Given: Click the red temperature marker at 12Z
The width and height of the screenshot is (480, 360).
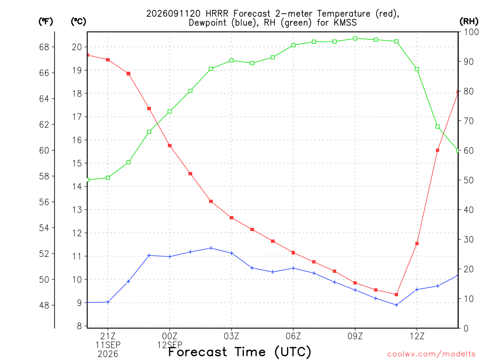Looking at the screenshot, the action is tap(417, 244).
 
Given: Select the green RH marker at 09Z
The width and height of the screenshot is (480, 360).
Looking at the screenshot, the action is tap(355, 38).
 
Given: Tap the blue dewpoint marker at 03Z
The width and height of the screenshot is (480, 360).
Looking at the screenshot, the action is tap(232, 253).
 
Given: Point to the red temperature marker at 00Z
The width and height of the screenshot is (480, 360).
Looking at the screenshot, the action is tap(170, 146).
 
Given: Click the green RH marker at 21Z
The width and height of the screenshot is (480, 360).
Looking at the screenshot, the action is tap(108, 178).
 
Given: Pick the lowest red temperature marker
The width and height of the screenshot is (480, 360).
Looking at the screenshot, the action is tap(397, 294).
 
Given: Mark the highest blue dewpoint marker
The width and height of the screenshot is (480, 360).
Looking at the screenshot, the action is tap(211, 248).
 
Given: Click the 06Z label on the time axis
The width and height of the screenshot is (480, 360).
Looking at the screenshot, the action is tap(293, 336).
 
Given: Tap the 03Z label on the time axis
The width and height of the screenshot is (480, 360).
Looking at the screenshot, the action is tap(232, 336).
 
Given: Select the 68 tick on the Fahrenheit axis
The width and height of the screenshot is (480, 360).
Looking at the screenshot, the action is tap(44, 47).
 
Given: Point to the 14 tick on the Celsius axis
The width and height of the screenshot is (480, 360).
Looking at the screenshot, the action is tap(77, 187).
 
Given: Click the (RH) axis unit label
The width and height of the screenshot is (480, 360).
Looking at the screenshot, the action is tap(469, 22).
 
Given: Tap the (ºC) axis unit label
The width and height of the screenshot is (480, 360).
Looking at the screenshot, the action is tap(78, 22).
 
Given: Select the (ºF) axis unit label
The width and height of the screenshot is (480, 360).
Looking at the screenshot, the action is tap(45, 22).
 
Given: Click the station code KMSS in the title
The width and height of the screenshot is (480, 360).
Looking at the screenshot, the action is tap(345, 22).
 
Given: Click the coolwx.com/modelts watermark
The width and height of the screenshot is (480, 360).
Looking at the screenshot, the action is tap(431, 354).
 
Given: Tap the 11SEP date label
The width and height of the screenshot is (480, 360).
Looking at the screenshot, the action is tap(108, 345).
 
